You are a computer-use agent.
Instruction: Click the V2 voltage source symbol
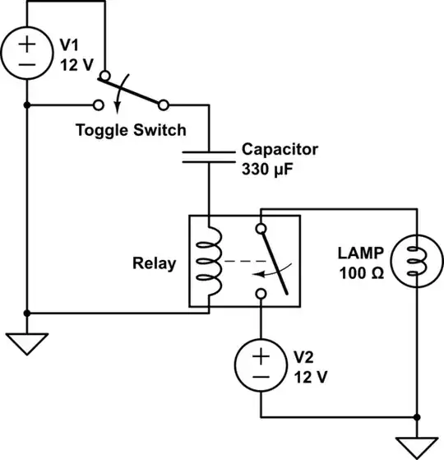click(261, 366)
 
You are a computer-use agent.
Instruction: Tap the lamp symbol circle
click(418, 262)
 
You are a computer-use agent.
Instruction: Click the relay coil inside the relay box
click(210, 262)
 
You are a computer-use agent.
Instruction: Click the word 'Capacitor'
click(280, 151)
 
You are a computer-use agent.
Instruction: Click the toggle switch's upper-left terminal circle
click(103, 77)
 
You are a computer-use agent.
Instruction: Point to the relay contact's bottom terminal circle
click(261, 294)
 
